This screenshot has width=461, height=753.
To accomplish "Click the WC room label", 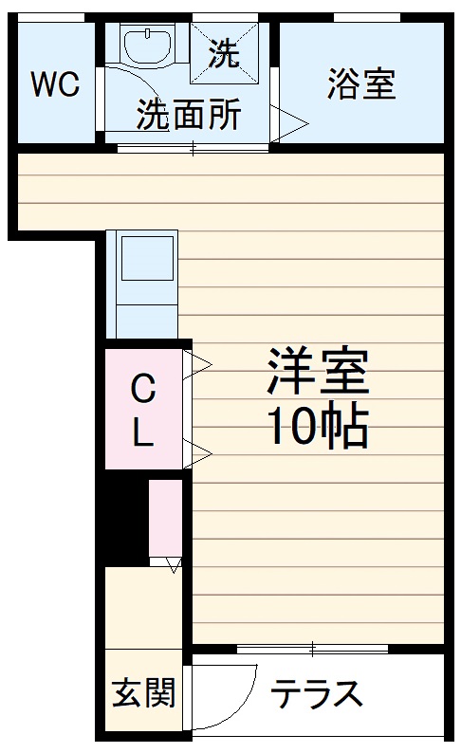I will (55, 84).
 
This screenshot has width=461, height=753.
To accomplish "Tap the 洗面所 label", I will (189, 115).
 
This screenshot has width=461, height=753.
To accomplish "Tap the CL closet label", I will (142, 410).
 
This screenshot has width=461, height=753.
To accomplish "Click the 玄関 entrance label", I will (144, 694).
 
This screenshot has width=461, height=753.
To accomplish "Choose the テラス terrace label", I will (317, 695).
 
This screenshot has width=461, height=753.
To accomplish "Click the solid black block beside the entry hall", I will (124, 523).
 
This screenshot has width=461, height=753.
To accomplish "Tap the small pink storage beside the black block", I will (166, 523).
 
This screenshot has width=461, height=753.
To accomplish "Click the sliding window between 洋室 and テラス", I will (313, 649).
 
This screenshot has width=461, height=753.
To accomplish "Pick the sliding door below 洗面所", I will (193, 147).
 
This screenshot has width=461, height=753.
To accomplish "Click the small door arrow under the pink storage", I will (172, 566).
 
